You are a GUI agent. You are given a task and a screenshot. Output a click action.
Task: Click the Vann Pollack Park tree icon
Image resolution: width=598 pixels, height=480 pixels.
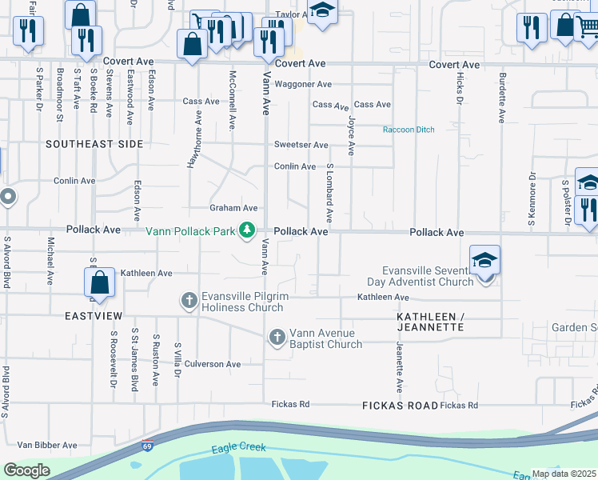point(248,230)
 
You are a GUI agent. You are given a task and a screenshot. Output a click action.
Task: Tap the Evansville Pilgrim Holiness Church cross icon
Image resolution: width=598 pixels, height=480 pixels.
point(189,301)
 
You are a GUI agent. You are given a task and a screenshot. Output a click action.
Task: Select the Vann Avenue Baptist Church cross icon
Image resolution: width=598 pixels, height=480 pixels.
point(277,338)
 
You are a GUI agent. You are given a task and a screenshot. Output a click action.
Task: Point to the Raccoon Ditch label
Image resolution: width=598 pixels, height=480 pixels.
point(409,130)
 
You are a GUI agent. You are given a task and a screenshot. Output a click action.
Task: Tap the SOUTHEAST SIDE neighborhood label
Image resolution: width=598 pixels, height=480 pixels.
point(94,144)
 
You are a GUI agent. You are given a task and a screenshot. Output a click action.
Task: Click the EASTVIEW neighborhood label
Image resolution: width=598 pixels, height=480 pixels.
point(94,316)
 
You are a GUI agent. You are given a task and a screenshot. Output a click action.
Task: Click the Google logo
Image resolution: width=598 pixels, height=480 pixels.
point(26,470)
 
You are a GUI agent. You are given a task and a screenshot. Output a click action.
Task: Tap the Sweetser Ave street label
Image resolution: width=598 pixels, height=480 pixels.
point(301,145)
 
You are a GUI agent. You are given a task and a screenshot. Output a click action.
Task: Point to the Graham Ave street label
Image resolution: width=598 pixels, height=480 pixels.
point(233,208)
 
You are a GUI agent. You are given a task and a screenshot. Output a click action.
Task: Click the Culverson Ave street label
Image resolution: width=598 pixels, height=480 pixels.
point(213,364)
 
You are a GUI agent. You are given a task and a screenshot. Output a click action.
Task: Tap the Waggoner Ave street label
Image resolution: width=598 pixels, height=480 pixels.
point(303,84)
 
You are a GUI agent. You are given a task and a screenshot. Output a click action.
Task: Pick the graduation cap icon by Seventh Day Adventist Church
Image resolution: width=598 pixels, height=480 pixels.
point(484,262)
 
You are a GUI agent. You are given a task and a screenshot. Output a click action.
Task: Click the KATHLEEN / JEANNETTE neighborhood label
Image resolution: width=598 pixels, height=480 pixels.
point(430,322)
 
